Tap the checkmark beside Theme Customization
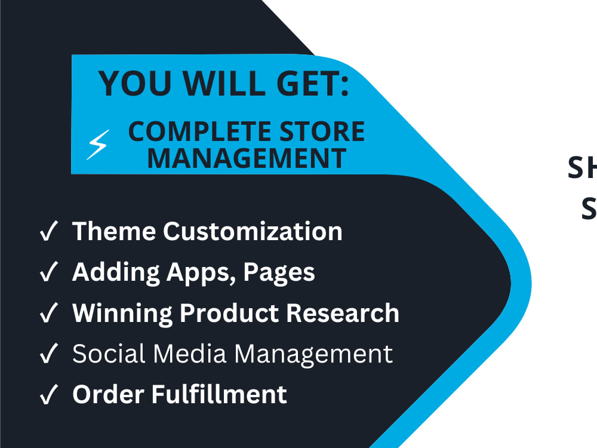48,232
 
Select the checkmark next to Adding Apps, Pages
48,272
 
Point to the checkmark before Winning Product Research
48,314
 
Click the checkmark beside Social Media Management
48,354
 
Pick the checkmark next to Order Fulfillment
48,395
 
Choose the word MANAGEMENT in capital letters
247,158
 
